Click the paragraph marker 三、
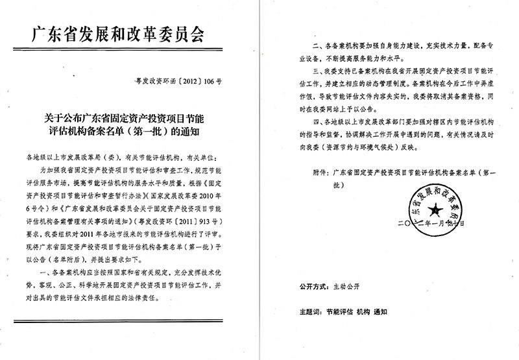pyautogui.click(x=318, y=69)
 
